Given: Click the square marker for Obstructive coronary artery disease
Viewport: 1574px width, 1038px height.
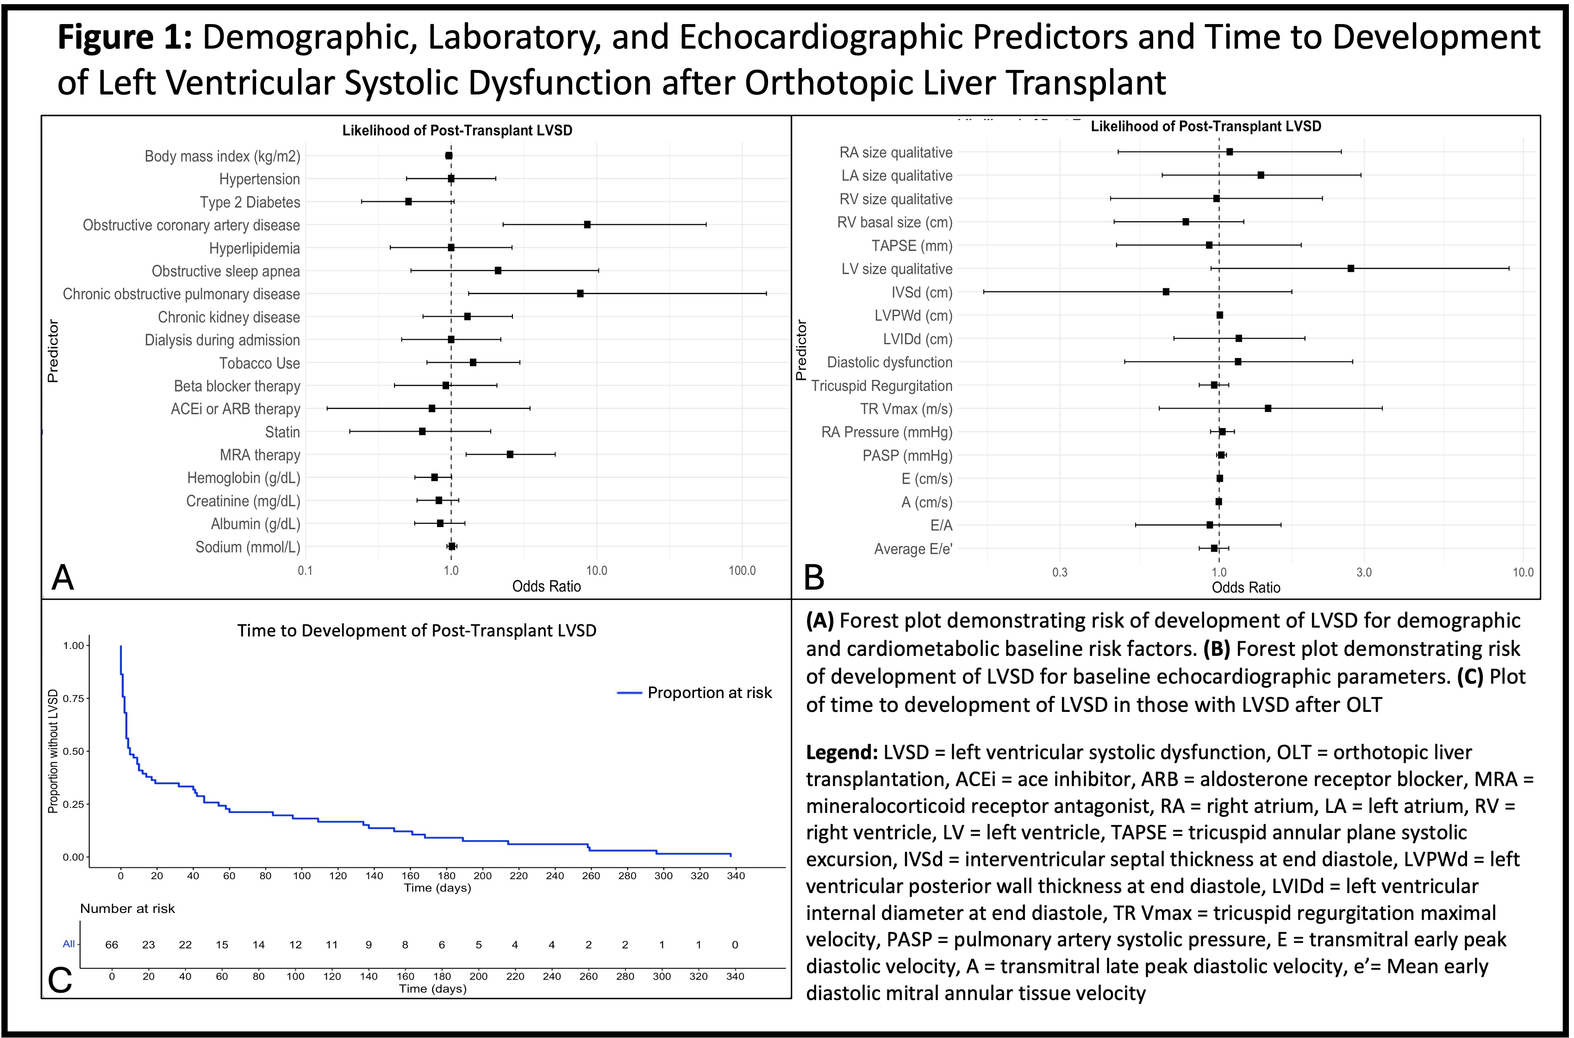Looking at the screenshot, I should coord(587,225).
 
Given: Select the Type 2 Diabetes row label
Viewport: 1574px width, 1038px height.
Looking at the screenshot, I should coord(250,202).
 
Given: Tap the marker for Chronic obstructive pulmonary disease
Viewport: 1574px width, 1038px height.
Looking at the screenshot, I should coord(580,293).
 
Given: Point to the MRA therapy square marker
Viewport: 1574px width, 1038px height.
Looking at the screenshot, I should coord(509,454).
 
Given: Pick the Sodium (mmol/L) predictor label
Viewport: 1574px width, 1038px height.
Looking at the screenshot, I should coord(248,547).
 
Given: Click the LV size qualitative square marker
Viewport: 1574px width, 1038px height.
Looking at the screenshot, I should coord(1350,268).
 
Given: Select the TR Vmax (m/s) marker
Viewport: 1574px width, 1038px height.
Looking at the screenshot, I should coord(1268,408).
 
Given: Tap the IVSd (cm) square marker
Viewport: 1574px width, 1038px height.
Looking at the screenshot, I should coord(1166,291).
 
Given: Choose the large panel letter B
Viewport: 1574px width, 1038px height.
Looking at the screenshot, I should coord(814,577).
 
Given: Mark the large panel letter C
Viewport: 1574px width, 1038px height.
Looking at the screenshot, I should coord(60,980).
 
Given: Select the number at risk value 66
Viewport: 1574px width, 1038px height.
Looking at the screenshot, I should coord(112,944).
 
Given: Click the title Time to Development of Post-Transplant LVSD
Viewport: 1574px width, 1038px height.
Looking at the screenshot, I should coord(417,630).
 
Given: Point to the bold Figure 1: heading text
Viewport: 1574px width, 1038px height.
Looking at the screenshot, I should coord(125,37).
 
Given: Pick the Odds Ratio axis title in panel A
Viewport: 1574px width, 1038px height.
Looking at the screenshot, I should coord(546,586).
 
